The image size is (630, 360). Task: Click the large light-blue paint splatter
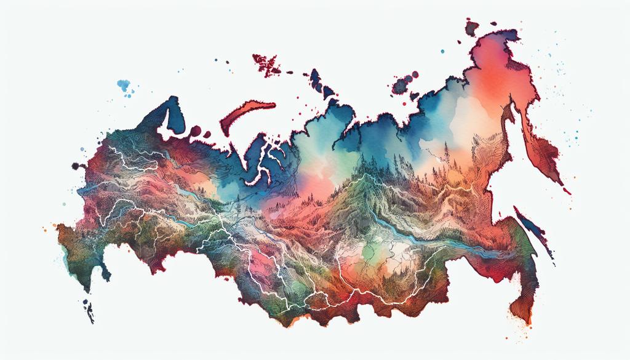click(125, 86)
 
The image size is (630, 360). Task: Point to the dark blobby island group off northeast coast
click(403, 84)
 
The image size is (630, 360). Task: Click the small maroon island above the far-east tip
click(472, 26)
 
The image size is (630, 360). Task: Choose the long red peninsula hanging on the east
click(544, 148)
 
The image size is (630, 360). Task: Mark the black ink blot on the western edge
click(78, 166)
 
